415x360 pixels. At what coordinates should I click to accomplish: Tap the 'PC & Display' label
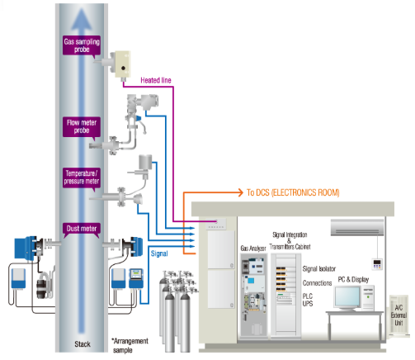353,279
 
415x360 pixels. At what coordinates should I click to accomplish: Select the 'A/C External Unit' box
400,314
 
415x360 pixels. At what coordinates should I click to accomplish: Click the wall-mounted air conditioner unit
356,225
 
